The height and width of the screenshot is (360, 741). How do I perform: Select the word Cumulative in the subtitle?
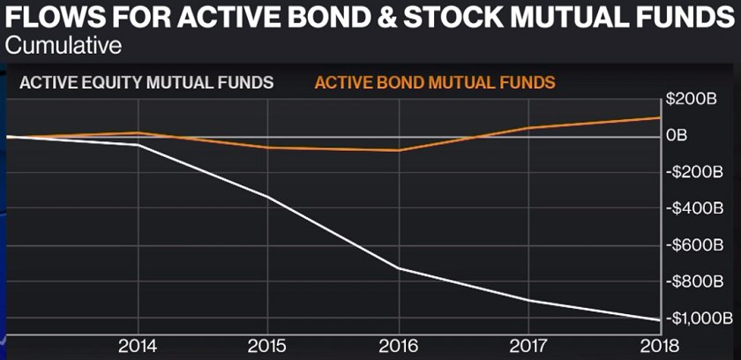pyautogui.click(x=64, y=43)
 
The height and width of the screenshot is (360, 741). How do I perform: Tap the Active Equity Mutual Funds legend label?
pyautogui.click(x=146, y=83)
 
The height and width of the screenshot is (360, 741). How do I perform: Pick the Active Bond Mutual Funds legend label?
pyautogui.click(x=435, y=83)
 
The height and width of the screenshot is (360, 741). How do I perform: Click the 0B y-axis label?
pyautogui.click(x=677, y=135)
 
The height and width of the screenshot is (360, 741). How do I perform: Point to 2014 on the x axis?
pyautogui.click(x=138, y=345)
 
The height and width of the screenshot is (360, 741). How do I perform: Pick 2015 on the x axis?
pyautogui.click(x=268, y=345)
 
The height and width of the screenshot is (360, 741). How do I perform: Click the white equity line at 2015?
pyautogui.click(x=268, y=196)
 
